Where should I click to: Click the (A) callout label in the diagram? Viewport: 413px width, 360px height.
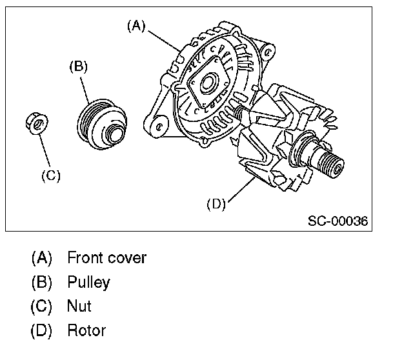[x=137, y=26]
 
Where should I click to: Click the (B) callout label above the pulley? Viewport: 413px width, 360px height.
[x=78, y=66]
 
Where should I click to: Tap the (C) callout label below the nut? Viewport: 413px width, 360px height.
[x=50, y=175]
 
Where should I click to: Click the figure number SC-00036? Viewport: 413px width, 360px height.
[x=337, y=221]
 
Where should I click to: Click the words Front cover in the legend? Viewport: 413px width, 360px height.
[x=106, y=258]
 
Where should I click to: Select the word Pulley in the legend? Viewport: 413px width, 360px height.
[x=88, y=283]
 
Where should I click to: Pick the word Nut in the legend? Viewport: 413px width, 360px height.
[x=79, y=307]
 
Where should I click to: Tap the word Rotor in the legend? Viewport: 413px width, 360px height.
[x=86, y=332]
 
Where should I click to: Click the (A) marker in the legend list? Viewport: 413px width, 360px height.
[x=41, y=258]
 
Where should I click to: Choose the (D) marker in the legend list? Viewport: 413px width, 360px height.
[x=41, y=332]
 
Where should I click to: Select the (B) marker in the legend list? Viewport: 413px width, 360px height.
[x=41, y=283]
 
